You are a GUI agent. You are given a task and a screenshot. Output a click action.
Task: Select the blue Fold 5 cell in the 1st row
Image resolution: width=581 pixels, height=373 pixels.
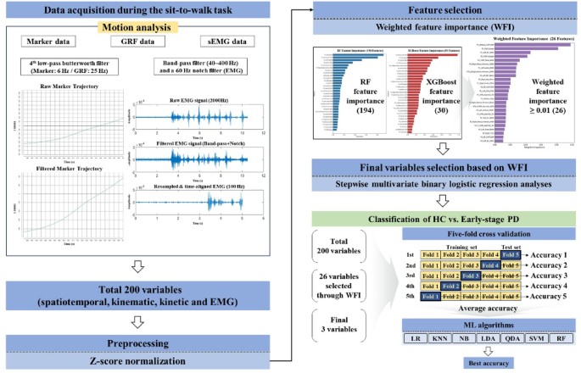coord(510,254)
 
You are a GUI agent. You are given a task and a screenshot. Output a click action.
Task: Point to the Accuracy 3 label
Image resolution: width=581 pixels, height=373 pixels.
coord(548,276)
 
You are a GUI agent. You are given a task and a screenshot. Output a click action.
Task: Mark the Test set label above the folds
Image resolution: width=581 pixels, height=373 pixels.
coord(511,242)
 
